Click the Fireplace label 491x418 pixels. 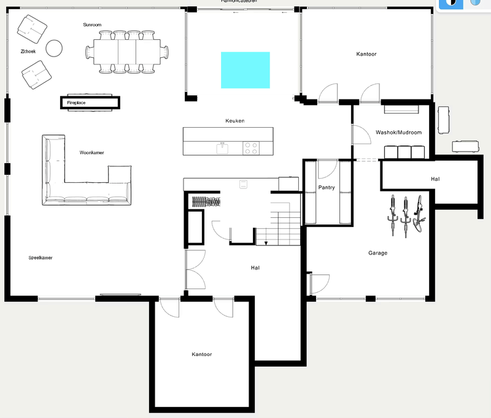76,103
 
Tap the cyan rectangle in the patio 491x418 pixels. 245,69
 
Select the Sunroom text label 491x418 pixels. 92,25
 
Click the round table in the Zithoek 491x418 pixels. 55,48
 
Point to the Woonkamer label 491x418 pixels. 90,152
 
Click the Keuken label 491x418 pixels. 235,121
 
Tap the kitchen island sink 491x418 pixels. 222,148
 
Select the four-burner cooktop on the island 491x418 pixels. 252,148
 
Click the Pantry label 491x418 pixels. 327,187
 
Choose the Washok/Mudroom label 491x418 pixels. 398,132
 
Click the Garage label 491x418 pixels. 377,253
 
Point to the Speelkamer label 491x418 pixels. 41,258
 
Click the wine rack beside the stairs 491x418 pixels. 203,201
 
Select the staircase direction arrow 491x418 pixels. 266,242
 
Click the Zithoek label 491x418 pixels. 28,52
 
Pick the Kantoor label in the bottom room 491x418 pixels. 202,355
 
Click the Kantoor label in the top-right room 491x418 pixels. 366,55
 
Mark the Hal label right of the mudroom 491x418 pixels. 435,179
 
